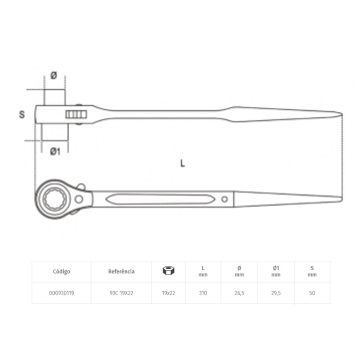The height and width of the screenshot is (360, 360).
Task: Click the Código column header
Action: tap(61, 271)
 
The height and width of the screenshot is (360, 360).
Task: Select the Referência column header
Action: tap(121, 271)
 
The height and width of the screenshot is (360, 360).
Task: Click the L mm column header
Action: tap(203, 271)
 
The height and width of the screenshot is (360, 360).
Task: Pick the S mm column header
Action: tap(312, 271)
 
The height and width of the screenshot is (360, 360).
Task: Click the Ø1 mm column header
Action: tap(276, 271)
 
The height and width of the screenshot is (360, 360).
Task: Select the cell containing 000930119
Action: tap(61, 294)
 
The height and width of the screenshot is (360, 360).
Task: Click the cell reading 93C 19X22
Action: tap(121, 294)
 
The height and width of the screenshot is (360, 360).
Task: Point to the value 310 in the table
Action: tap(203, 294)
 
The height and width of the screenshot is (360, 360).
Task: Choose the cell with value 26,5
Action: tap(239, 294)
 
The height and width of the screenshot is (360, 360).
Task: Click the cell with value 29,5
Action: tap(276, 294)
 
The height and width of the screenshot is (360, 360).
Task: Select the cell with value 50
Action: tap(312, 294)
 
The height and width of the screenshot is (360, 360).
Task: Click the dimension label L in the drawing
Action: tap(182, 163)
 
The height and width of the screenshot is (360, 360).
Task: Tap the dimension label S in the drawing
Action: tap(22, 115)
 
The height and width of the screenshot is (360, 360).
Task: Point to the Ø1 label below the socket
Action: tap(55, 151)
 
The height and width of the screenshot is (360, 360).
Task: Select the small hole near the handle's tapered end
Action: tap(224, 198)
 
